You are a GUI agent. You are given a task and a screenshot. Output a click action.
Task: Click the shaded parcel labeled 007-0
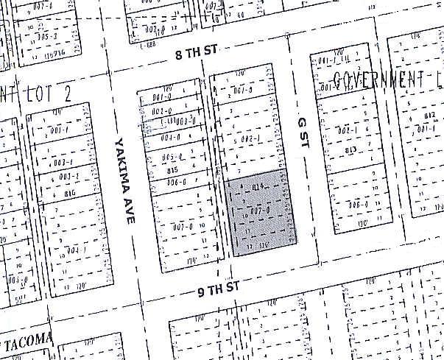click(x=257, y=211)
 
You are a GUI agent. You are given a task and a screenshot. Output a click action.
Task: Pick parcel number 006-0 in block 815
click(x=175, y=180)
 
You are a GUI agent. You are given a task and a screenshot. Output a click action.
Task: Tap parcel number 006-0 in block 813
click(x=359, y=205)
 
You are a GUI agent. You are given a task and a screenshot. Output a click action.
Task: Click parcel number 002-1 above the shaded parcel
click(x=252, y=138)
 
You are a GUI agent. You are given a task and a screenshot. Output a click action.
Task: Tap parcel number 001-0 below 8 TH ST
click(x=243, y=91)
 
